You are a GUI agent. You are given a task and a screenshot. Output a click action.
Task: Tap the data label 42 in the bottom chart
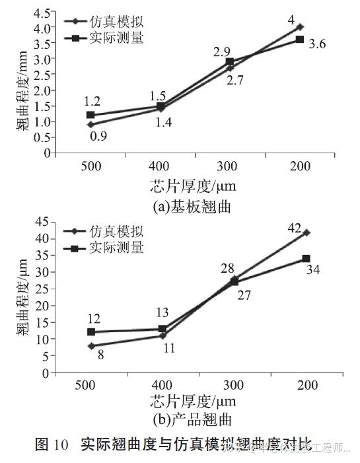[294, 229]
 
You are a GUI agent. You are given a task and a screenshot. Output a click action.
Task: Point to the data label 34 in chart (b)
[313, 270]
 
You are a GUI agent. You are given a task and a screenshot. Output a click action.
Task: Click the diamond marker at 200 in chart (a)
[300, 27]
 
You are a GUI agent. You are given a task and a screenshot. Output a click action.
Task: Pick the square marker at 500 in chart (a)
[90, 115]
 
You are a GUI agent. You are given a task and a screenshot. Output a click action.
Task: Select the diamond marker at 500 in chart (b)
[90, 345]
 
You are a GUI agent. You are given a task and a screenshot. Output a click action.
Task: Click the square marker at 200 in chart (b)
[306, 258]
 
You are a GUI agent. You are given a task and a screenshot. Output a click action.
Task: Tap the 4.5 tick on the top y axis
[43, 13]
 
